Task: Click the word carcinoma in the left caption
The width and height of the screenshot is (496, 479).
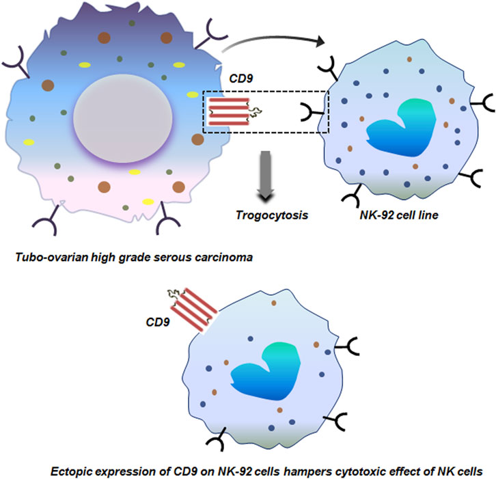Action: [x=220, y=258]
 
